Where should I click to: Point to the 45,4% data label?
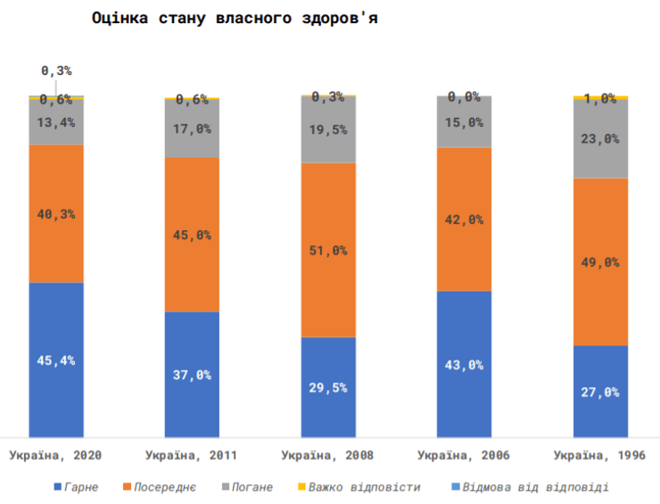[x=55, y=360]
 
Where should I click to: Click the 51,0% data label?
[x=328, y=251]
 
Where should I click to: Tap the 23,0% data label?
[x=600, y=138]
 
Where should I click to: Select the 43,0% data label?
[x=464, y=364]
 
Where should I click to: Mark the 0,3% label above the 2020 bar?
[x=55, y=70]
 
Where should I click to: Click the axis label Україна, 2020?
[x=55, y=456]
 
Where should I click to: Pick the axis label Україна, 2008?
[x=327, y=456]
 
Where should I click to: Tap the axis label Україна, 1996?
[x=599, y=456]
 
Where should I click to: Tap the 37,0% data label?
[x=192, y=375]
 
